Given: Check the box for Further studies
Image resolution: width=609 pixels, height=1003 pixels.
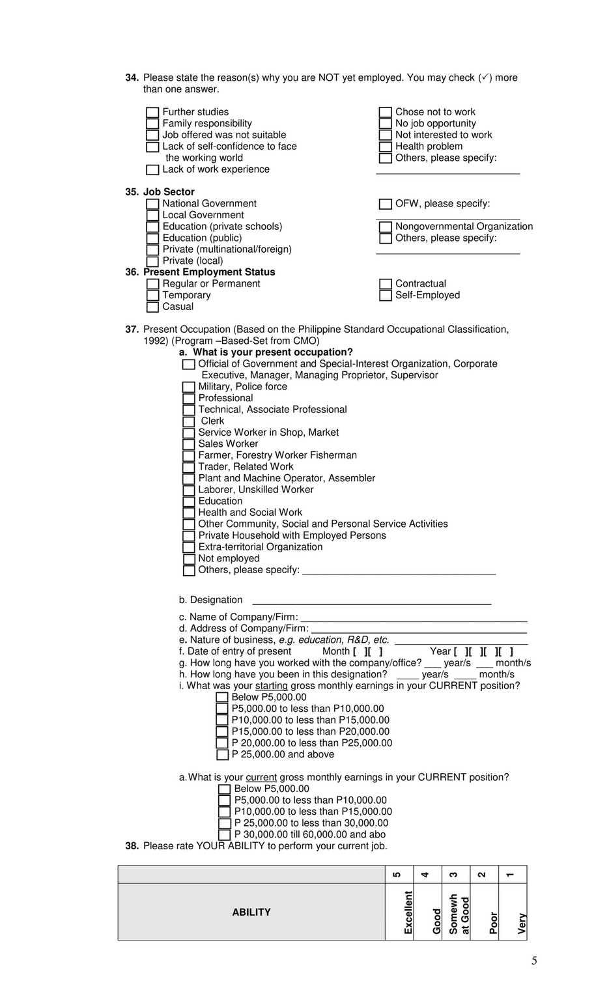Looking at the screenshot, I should (x=152, y=113).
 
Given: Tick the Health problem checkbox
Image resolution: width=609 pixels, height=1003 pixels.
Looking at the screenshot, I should (x=386, y=147).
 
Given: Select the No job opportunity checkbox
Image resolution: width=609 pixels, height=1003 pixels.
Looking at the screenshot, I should (x=386, y=124).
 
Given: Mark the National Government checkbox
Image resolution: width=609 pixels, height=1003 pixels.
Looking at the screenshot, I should (x=152, y=205).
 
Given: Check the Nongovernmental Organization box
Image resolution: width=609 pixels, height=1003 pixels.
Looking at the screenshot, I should (x=386, y=227).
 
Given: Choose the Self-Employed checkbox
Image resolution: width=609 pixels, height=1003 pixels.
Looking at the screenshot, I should (x=386, y=296).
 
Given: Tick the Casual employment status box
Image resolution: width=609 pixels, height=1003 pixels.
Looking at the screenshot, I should (x=152, y=307).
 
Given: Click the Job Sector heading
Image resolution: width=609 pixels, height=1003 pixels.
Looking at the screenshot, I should (x=169, y=192).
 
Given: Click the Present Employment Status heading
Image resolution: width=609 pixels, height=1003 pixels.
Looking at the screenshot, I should (x=209, y=272).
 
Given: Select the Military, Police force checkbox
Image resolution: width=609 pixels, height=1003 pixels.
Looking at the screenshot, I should (x=189, y=388).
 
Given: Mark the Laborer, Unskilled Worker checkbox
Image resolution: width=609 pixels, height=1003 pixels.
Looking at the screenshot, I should (x=189, y=490).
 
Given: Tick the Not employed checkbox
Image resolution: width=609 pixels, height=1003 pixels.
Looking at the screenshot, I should (x=189, y=559).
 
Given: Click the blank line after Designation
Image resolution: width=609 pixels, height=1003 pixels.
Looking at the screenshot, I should (x=371, y=601).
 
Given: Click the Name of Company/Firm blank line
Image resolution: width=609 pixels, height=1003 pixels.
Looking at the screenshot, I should (x=414, y=618).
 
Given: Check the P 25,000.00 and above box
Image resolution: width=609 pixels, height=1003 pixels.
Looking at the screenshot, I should (x=222, y=755).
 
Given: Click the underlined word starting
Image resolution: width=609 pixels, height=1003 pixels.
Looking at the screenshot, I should (x=271, y=686).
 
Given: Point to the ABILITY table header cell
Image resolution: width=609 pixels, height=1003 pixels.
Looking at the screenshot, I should (x=251, y=912).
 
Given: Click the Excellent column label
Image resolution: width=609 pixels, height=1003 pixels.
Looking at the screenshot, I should (x=408, y=912).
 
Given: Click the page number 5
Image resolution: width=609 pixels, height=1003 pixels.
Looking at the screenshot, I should (x=534, y=961).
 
